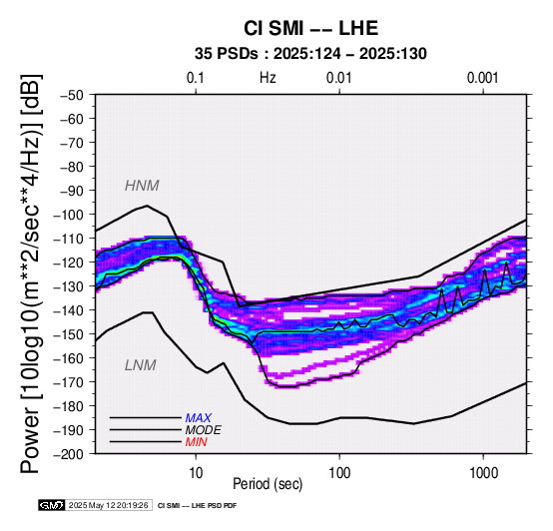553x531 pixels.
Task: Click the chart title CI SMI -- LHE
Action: click(310, 28)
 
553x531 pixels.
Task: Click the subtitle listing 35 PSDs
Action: click(310, 54)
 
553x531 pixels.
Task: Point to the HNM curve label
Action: click(142, 186)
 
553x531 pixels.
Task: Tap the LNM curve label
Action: click(141, 365)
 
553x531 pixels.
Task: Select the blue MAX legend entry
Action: click(198, 418)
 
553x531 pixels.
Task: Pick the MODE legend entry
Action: click(204, 430)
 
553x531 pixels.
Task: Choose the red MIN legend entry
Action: click(196, 442)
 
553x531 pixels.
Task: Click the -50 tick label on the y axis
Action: click(72, 95)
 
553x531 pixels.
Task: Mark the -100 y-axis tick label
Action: click(69, 215)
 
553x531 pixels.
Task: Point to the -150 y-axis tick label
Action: click(69, 334)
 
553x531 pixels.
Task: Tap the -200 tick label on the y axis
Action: click(69, 454)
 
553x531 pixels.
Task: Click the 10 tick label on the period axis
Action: click(196, 473)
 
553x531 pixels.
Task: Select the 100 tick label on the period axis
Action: click(339, 473)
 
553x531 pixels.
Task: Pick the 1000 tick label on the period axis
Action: click(483, 473)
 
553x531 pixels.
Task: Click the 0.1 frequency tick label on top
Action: click(196, 78)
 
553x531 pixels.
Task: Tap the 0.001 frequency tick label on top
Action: click(482, 78)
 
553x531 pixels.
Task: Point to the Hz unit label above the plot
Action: click(268, 78)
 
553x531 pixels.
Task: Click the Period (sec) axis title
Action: click(268, 484)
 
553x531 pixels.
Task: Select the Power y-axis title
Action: click(31, 273)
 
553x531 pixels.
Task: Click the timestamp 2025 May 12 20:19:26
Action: click(108, 505)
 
